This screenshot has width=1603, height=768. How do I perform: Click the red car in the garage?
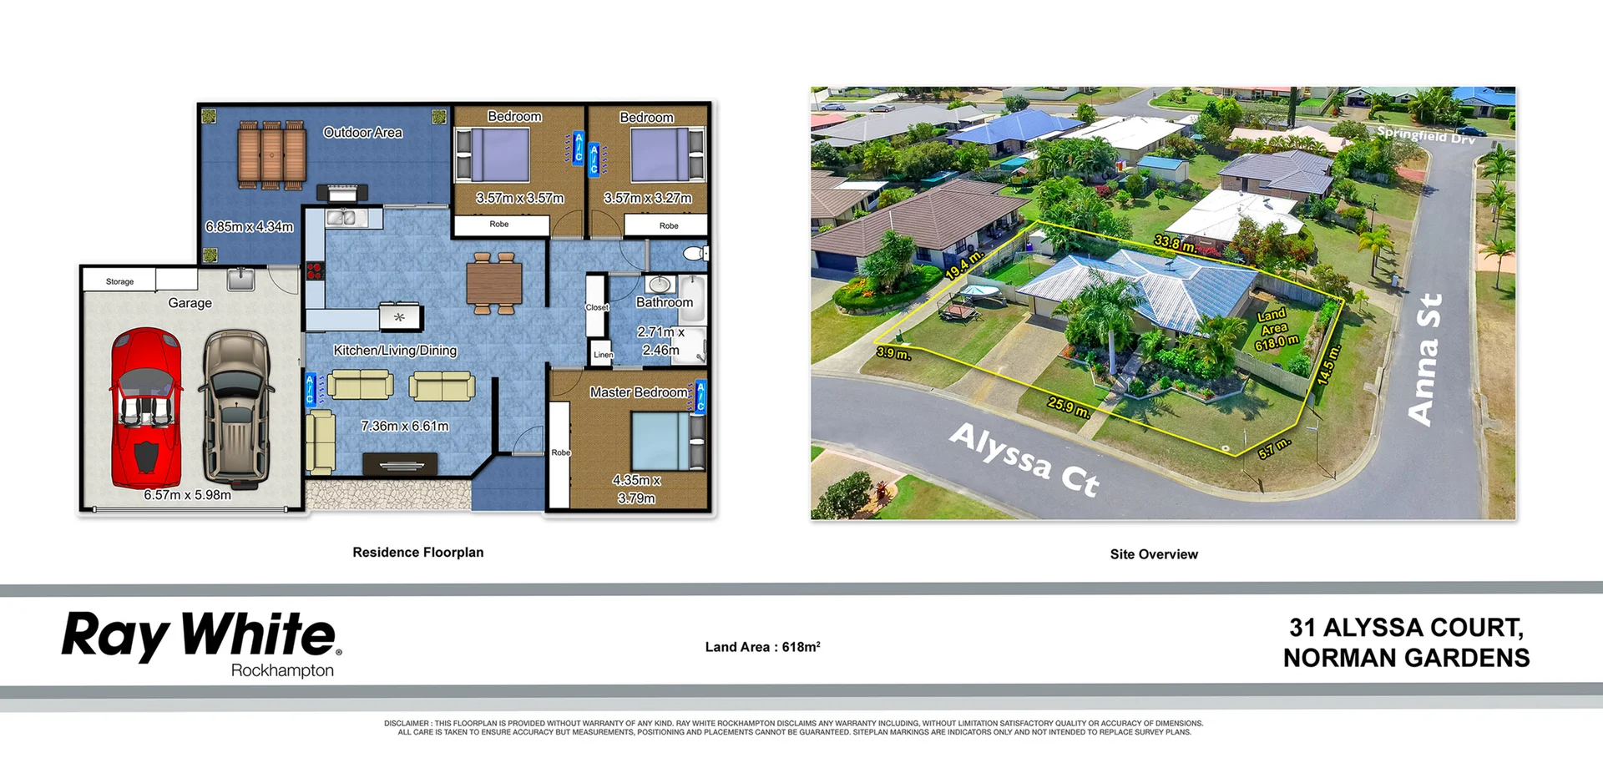(146, 408)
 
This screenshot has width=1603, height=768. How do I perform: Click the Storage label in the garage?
(119, 281)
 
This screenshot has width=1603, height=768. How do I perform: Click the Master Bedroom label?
(639, 392)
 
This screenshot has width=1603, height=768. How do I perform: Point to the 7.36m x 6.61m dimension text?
(405, 426)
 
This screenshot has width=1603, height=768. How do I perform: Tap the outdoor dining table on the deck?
(271, 154)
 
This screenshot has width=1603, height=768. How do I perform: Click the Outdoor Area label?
(362, 133)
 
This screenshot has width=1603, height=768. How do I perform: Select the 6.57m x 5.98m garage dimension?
(187, 495)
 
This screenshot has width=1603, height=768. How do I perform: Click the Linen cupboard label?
(603, 355)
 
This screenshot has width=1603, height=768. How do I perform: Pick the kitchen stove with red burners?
(315, 270)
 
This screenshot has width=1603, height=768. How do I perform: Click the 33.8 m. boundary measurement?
(1176, 244)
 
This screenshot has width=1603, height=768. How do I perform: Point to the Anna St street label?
(1425, 359)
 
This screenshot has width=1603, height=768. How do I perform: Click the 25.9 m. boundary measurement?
(1069, 407)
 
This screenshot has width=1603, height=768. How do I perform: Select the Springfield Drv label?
(1425, 134)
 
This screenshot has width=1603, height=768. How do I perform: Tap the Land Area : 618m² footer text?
(762, 647)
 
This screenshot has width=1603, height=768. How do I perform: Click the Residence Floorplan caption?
(417, 553)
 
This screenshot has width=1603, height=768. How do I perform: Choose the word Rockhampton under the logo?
(282, 670)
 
